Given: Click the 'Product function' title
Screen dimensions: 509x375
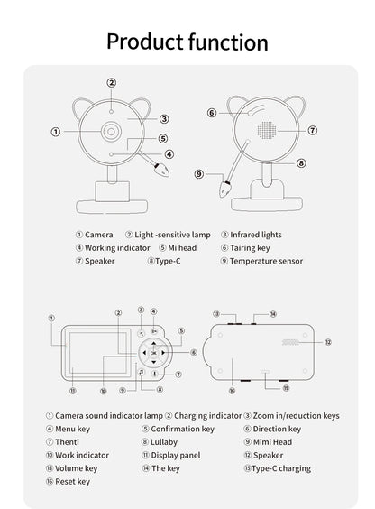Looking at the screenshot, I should (187, 42).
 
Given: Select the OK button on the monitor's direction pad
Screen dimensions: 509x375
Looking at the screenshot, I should (153, 353).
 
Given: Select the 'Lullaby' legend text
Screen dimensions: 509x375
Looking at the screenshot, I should (164, 442).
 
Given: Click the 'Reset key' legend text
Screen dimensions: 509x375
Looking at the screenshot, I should (72, 482).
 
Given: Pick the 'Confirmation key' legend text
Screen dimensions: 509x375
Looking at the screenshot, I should (182, 429).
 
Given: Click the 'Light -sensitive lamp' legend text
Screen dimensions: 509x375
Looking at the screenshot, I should (169, 235).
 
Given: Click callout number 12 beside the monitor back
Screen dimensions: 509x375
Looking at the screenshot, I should (328, 343).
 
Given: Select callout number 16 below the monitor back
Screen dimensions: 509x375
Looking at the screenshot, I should (232, 391).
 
